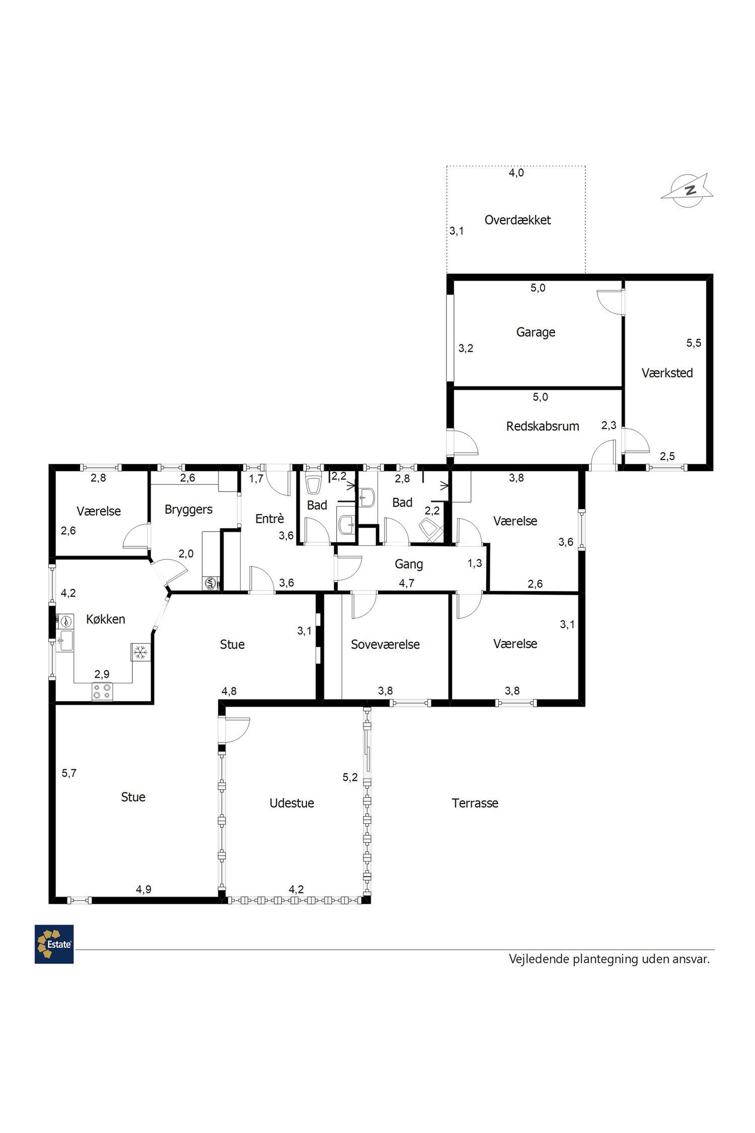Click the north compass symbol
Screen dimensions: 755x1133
point(687,190)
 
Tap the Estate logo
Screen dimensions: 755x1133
point(54,944)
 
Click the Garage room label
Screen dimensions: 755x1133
point(536,332)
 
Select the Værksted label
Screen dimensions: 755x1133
point(667,373)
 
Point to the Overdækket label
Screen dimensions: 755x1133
point(517,220)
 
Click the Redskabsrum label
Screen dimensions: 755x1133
point(543,427)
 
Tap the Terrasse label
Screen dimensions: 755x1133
point(475,803)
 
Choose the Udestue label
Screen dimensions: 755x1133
point(291,803)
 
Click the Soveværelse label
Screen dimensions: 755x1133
point(385,645)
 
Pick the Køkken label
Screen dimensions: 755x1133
point(105,619)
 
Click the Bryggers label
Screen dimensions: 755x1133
point(188,510)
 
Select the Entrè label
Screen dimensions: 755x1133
point(269,519)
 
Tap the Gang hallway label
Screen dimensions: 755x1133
point(408,564)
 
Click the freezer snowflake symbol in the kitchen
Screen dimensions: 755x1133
point(140,652)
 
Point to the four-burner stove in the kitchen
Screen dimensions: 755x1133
point(102,691)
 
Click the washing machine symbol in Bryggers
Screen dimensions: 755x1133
point(211,584)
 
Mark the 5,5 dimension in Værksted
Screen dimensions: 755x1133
point(694,343)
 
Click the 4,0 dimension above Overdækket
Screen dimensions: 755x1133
point(516,173)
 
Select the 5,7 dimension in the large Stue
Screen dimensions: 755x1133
point(69,773)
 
